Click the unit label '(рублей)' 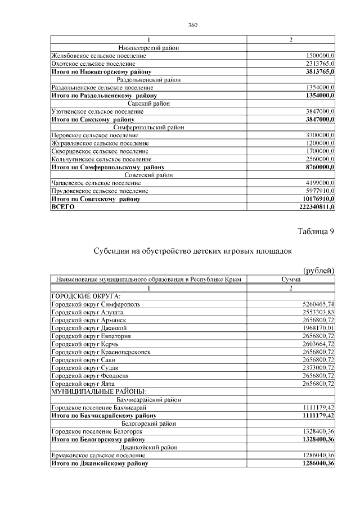[x=318, y=271]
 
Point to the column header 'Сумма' [x=291, y=280]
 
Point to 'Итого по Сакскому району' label [x=93, y=119]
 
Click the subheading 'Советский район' [x=148, y=175]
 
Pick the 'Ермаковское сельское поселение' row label [x=98, y=455]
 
